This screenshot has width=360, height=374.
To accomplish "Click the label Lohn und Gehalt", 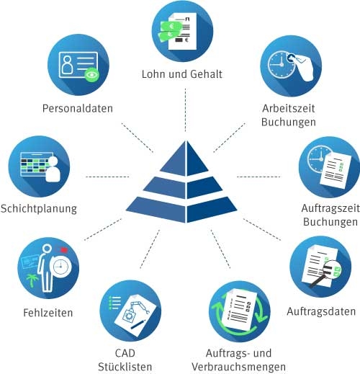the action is (182, 74).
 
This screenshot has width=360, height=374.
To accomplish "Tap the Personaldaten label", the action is (78, 108).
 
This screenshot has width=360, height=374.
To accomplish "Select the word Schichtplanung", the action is (39, 209).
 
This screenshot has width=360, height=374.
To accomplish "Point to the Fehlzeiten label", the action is (48, 313).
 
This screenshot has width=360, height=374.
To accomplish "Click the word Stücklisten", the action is (125, 367).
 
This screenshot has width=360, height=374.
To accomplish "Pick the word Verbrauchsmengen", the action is (238, 367).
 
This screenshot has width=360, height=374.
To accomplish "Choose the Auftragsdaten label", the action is (321, 311).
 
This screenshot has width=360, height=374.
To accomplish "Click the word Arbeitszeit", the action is (289, 108).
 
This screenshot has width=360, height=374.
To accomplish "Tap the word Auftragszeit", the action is (330, 208).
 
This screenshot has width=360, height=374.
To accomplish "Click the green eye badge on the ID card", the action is (91, 75).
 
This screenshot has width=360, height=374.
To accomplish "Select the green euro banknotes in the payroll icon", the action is (169, 30).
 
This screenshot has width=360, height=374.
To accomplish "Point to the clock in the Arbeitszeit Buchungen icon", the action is (281, 65).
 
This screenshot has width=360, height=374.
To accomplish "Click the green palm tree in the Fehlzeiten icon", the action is (32, 280).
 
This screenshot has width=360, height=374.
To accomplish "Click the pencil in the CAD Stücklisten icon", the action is (138, 324).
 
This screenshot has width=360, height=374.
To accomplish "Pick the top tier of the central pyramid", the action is (185, 159).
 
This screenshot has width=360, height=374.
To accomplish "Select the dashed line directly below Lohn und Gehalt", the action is (185, 110).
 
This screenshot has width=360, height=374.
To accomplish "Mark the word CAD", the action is (125, 353).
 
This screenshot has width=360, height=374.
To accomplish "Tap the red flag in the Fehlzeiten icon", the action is (63, 250).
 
